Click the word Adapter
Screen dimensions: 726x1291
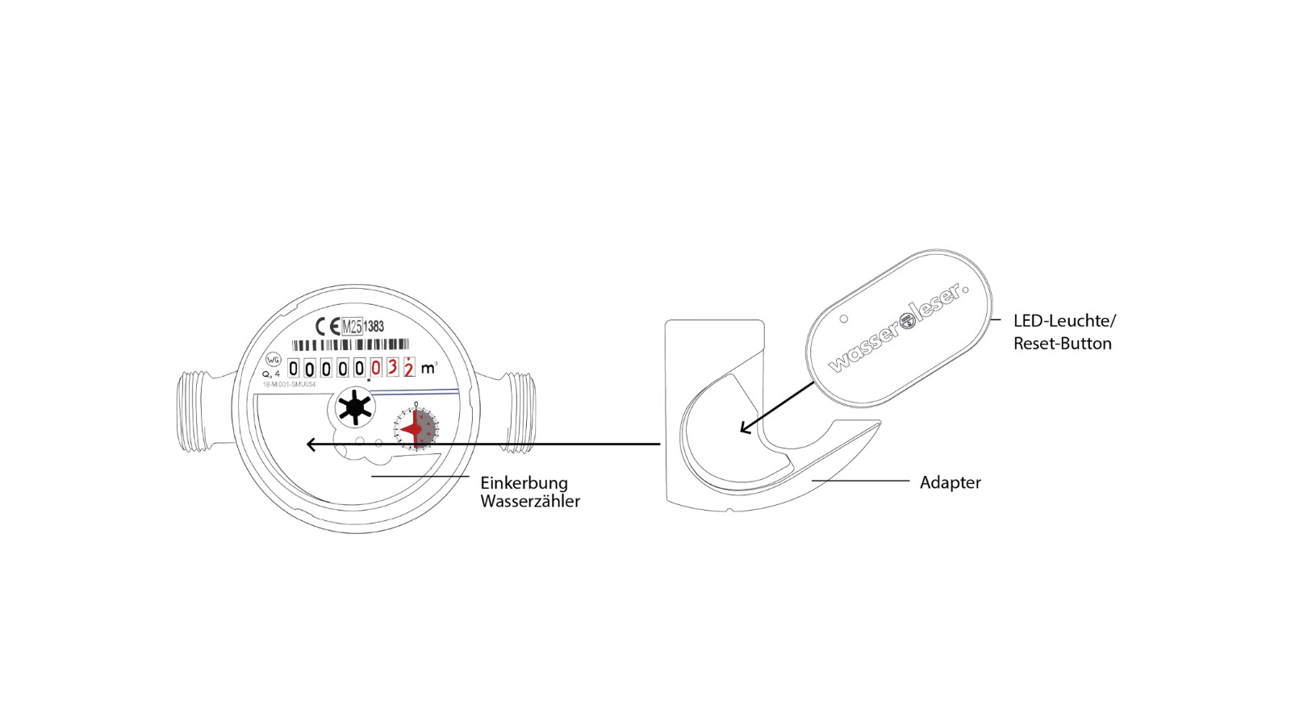(x=950, y=482)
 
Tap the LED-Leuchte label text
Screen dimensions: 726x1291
(x=1064, y=321)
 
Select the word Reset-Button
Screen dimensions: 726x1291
(x=1062, y=344)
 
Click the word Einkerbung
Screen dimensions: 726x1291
(x=524, y=483)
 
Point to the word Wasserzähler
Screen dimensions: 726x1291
(x=530, y=501)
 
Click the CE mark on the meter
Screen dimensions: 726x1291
(x=328, y=327)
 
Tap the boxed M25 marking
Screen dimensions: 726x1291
(x=352, y=327)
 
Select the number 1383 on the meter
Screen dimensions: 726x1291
(x=374, y=327)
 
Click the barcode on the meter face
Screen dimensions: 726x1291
(x=350, y=345)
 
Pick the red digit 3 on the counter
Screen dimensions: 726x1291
(x=392, y=369)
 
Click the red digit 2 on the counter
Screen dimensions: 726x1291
(x=409, y=369)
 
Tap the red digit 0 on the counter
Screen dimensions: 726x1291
(x=376, y=369)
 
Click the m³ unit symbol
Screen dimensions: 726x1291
(x=428, y=369)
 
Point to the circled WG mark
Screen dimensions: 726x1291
(x=274, y=360)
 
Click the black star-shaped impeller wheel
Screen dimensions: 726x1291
(x=354, y=408)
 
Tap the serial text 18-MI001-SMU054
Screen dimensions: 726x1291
(x=289, y=385)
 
